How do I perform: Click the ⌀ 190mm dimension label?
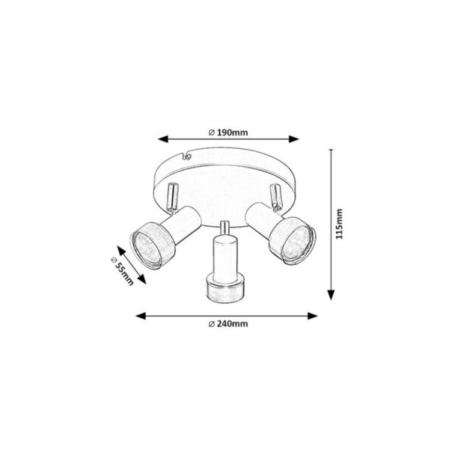[x=228, y=132]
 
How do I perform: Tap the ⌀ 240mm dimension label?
[x=228, y=324]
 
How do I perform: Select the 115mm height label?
[x=339, y=224]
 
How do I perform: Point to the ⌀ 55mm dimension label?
[x=122, y=271]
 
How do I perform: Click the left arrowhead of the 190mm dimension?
[x=163, y=139]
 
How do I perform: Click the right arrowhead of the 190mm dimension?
[x=294, y=139]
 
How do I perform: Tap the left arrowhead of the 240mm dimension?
[x=141, y=316]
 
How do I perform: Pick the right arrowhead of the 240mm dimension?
[x=313, y=316]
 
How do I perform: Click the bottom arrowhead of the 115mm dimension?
[x=332, y=295]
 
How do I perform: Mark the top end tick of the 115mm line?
[x=332, y=150]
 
